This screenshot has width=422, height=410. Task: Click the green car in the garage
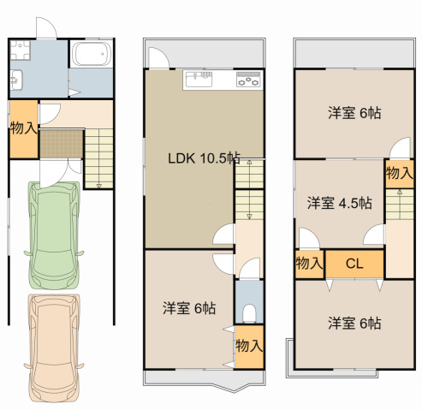coord(54,235)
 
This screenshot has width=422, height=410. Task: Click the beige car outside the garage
coord(54,348)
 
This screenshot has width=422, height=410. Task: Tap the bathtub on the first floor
coord(92,54)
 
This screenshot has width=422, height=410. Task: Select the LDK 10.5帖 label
coord(204,158)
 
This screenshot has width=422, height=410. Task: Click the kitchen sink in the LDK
coord(199,79)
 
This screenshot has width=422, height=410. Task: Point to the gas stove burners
coord(248,79)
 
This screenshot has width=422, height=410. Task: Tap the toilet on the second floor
coord(249,313)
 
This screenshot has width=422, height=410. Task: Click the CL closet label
coord(354,264)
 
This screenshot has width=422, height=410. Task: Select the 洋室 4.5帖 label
coord(340,203)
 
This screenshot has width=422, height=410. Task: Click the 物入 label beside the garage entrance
coord(24,128)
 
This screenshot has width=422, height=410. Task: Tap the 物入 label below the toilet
coord(249,346)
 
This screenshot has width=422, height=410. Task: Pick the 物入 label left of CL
coord(309,263)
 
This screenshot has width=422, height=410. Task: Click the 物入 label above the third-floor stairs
coord(400,173)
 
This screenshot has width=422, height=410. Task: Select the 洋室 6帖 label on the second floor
coord(189,308)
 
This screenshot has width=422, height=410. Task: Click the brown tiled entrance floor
coord(62,144)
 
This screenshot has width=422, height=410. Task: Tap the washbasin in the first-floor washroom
coord(16,80)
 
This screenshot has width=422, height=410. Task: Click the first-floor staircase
coord(98,158)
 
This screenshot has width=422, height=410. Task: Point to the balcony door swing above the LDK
coord(158,58)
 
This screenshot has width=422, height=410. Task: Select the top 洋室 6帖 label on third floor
coord(354,113)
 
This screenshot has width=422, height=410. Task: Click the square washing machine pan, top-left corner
coord(20,50)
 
